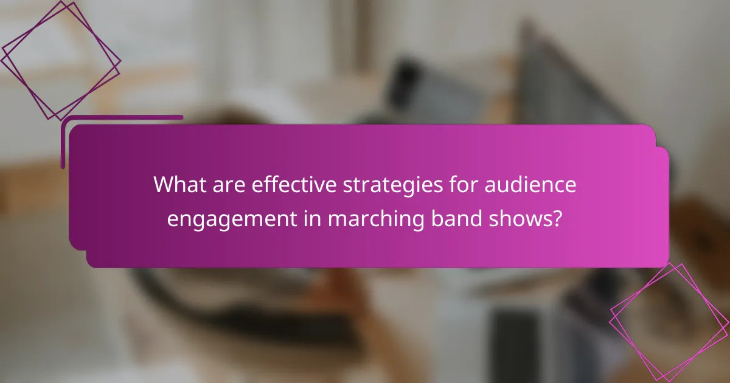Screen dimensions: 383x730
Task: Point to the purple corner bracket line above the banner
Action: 122,117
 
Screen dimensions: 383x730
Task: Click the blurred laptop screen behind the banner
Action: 566,79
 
